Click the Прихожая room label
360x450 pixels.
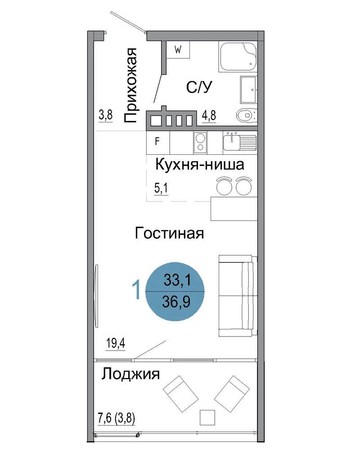(130, 85)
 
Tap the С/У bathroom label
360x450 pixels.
(199, 87)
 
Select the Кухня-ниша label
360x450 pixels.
(199, 165)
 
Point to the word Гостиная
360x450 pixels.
(169, 233)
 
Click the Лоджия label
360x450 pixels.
(130, 374)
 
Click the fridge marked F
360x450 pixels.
(158, 143)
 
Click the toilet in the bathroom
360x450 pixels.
(247, 116)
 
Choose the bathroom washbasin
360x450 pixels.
(248, 90)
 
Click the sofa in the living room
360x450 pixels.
(238, 296)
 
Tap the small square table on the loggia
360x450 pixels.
(207, 417)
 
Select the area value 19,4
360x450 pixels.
(116, 343)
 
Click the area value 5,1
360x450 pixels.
(161, 188)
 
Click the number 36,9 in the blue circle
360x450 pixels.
(176, 301)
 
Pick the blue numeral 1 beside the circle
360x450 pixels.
(136, 290)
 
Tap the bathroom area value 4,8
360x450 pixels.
(209, 116)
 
